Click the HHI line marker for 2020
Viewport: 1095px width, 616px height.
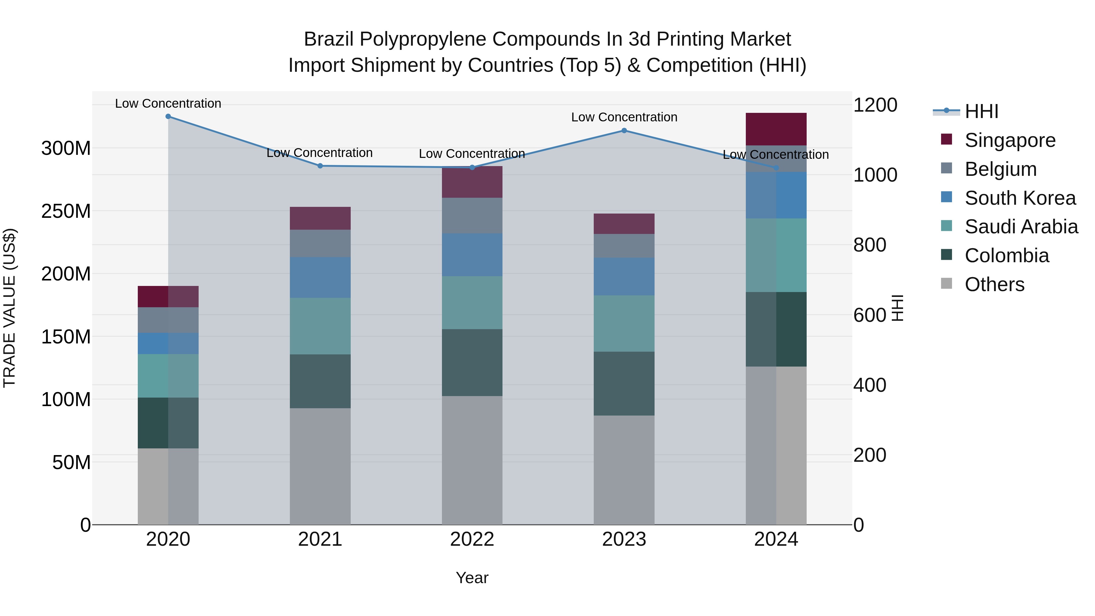click(168, 116)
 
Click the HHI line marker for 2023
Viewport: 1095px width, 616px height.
click(624, 131)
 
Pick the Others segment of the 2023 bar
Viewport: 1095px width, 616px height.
click(624, 469)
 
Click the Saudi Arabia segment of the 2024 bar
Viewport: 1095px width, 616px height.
click(776, 255)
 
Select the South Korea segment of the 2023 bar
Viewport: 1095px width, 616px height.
click(624, 276)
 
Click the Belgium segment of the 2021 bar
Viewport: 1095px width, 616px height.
click(320, 243)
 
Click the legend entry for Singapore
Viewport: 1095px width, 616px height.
click(1010, 140)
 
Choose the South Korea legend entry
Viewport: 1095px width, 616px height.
click(1020, 198)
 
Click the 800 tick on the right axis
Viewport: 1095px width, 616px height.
click(870, 245)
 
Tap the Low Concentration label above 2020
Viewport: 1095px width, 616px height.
click(168, 103)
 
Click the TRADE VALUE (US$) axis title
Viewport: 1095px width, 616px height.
click(9, 308)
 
